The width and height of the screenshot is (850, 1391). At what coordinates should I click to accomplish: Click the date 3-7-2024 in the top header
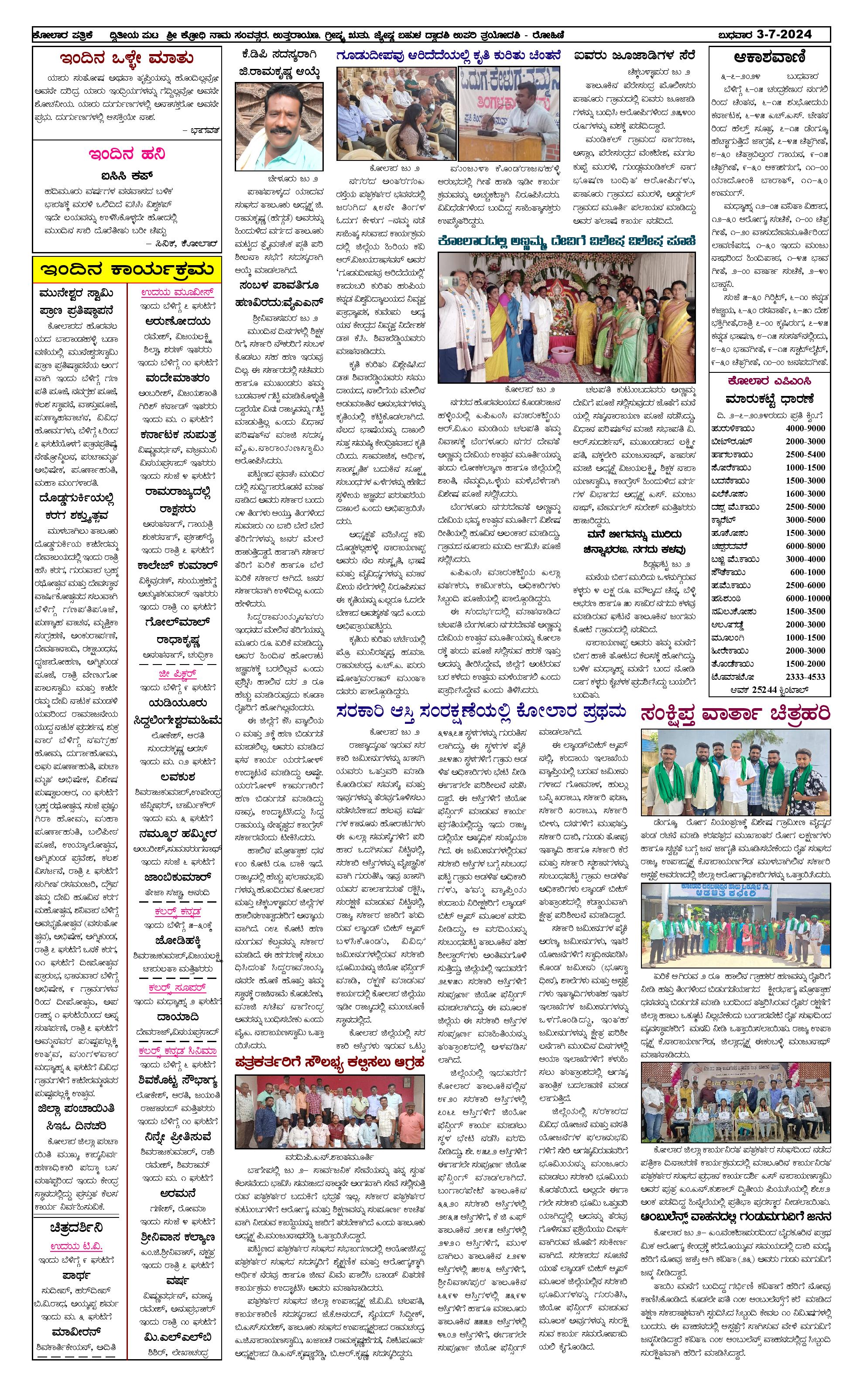(784, 34)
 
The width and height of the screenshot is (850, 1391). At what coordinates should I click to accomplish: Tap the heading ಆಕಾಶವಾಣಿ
(769, 57)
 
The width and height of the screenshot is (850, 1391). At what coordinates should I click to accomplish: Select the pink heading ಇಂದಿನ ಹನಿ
(127, 154)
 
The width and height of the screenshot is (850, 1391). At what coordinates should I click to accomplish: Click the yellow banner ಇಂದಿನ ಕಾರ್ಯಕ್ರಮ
(127, 270)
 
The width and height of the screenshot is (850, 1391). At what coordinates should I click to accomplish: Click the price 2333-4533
(805, 677)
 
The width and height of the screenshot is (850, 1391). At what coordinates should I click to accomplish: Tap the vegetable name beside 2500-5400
(731, 454)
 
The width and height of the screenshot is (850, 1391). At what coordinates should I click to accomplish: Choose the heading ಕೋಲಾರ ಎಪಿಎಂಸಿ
(769, 381)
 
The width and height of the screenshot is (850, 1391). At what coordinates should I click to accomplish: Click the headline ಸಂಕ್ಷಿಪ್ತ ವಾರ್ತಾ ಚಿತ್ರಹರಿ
(735, 713)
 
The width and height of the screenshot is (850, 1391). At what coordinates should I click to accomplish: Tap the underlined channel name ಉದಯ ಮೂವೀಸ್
(177, 293)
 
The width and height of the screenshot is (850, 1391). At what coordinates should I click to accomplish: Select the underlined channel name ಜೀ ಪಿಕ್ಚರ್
(177, 674)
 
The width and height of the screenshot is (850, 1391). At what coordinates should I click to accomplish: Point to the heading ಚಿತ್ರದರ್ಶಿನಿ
(76, 1228)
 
